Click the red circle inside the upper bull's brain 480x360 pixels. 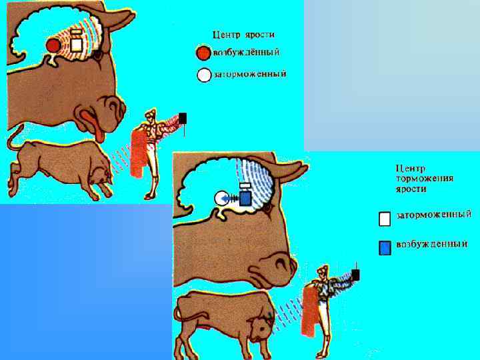coord(53,45)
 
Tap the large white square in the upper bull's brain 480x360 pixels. coord(76,45)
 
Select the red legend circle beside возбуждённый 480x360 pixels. coord(203,53)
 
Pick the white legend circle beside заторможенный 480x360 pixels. coord(204,75)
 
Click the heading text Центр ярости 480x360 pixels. coord(244,35)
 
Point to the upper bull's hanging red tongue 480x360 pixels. coord(93,125)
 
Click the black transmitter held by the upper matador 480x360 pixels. coord(183,118)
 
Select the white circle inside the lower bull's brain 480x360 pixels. coord(221,198)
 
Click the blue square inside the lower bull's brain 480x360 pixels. coord(245,198)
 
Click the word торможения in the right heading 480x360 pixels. coord(425,179)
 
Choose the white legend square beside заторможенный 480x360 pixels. coord(385,219)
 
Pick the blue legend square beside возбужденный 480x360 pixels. coord(385,247)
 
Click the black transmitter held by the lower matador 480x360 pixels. coord(355,275)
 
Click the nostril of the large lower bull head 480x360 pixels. coord(281,263)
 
